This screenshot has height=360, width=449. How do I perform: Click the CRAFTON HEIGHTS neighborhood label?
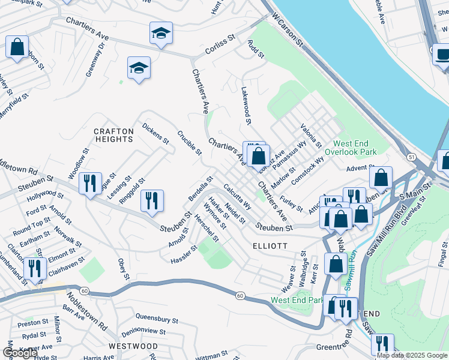tap(113, 135)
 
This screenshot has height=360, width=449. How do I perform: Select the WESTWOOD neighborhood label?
tap(134, 346)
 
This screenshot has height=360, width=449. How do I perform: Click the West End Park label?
tap(297, 300)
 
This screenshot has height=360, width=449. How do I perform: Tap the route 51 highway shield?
tap(411, 157)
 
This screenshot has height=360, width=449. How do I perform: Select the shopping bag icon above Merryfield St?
tap(17, 46)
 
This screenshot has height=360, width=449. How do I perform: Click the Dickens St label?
tap(155, 133)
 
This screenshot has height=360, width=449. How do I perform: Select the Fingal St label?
tap(443, 255)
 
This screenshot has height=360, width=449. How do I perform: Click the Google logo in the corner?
tap(20, 353)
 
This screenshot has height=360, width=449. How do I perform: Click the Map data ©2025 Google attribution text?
tap(412, 355)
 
